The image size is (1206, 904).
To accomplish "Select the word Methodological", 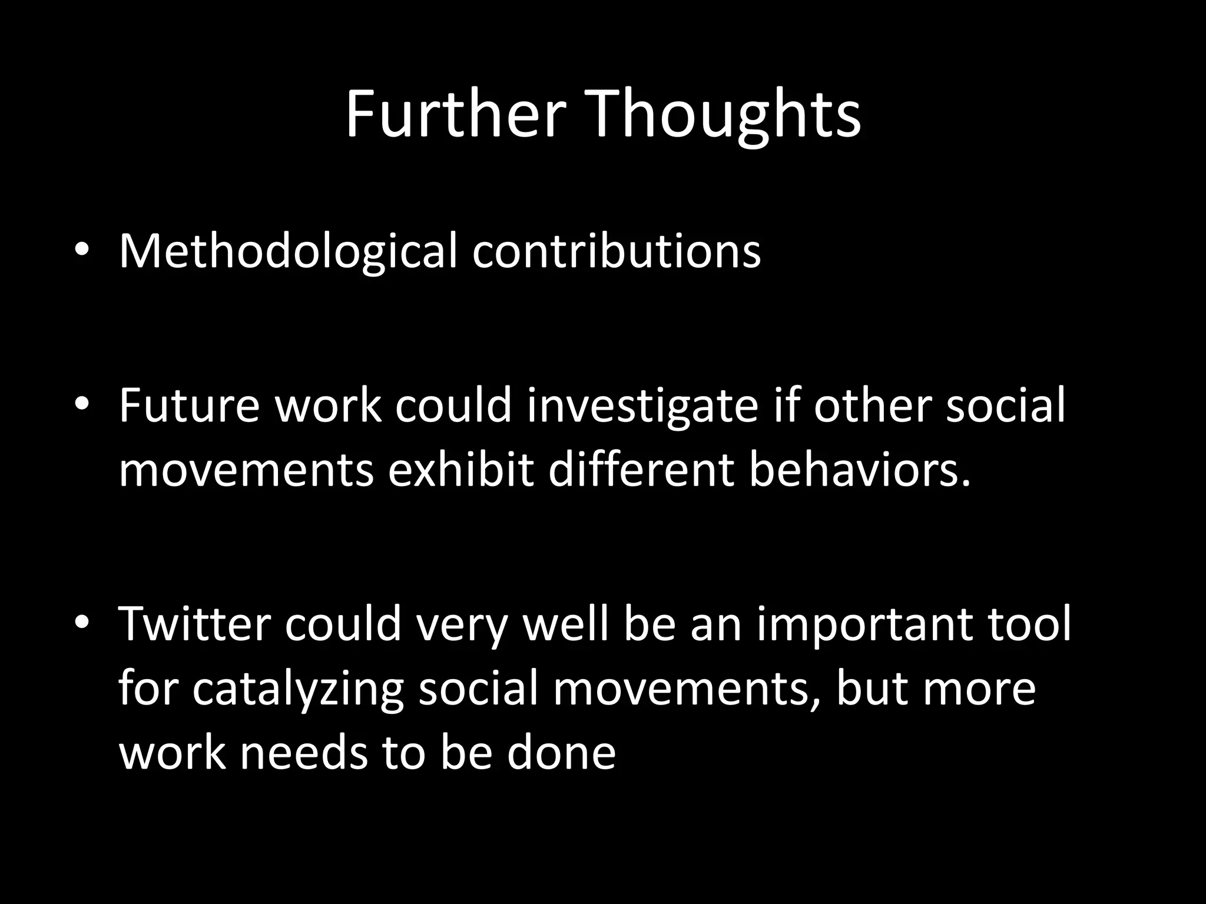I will (288, 251).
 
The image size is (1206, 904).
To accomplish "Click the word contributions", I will (616, 251).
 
